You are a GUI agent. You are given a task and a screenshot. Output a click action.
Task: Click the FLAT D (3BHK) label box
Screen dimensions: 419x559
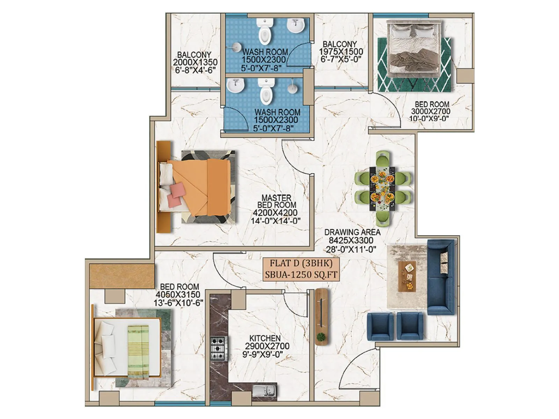(301, 269)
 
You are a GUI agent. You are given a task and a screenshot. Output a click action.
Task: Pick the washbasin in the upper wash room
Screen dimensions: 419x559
(296, 26)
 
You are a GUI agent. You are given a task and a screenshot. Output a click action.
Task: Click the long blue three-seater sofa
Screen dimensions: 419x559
(440, 277)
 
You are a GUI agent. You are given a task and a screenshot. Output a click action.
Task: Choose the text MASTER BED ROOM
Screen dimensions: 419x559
(276, 201)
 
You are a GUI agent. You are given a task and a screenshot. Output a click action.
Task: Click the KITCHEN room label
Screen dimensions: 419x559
(265, 338)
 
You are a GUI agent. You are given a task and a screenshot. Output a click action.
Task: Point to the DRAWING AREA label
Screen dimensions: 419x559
(352, 232)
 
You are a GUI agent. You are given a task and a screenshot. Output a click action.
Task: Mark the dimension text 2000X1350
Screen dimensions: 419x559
(195, 62)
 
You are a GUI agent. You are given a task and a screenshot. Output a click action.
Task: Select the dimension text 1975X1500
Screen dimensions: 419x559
(341, 52)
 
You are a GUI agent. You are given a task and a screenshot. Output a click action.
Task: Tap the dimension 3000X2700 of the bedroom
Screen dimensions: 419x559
(430, 111)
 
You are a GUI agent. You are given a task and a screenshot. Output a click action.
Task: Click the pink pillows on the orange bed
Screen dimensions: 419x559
(176, 195)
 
